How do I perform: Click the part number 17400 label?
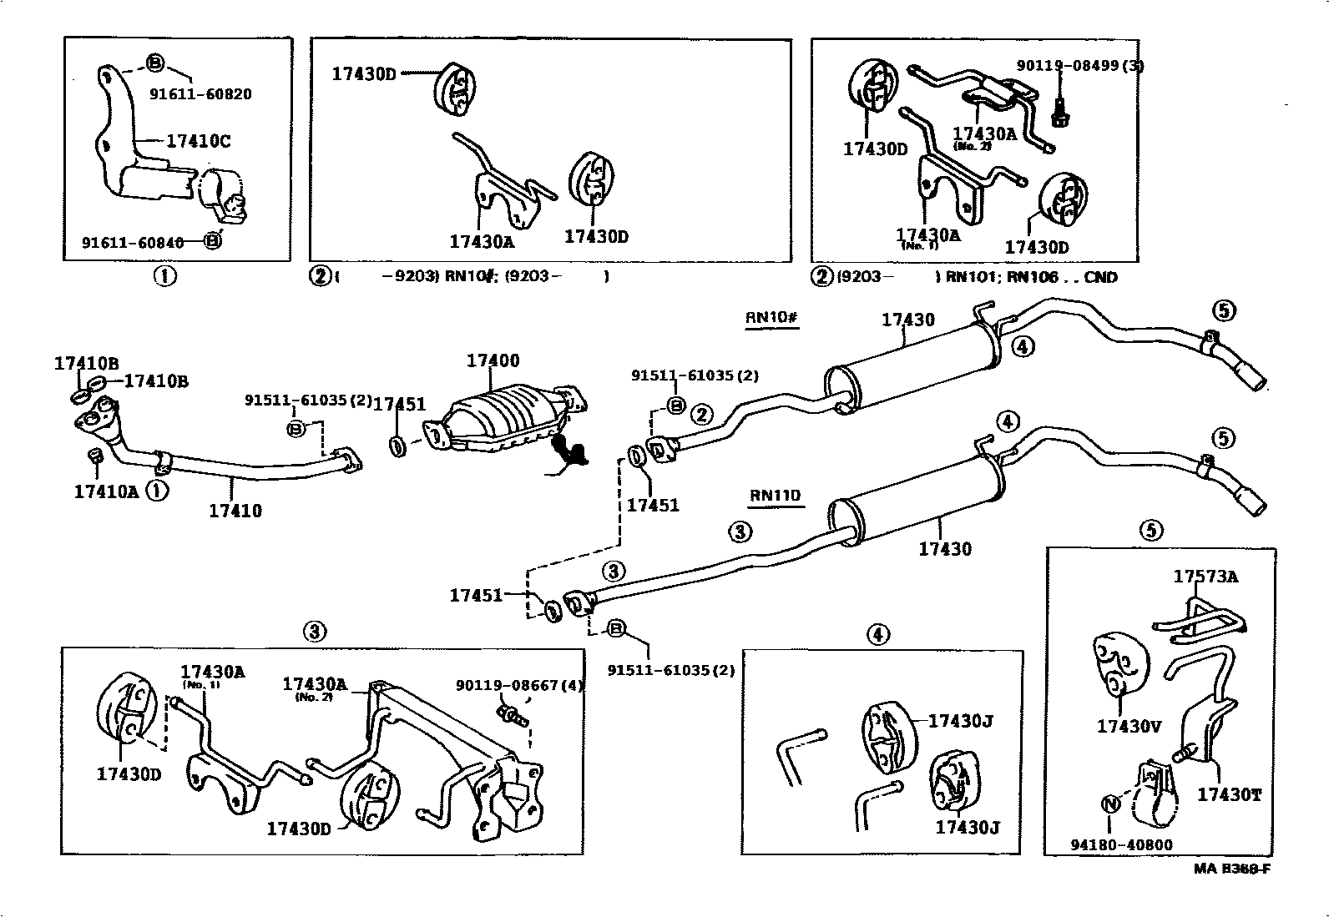click(493, 360)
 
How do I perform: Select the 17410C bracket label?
click(198, 141)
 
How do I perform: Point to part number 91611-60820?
click(200, 94)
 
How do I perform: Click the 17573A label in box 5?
click(1205, 577)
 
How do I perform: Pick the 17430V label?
click(1129, 727)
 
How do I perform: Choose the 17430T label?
click(1229, 795)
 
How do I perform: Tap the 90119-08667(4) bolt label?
click(519, 686)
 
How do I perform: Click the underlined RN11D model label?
click(775, 496)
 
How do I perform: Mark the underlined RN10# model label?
click(772, 318)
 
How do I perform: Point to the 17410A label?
click(106, 491)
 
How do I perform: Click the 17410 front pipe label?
click(235, 511)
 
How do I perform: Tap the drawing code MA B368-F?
click(1231, 869)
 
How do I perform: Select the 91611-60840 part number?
click(133, 242)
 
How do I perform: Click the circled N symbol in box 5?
click(1109, 804)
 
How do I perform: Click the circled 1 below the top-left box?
click(164, 276)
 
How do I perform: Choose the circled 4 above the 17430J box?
click(877, 635)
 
